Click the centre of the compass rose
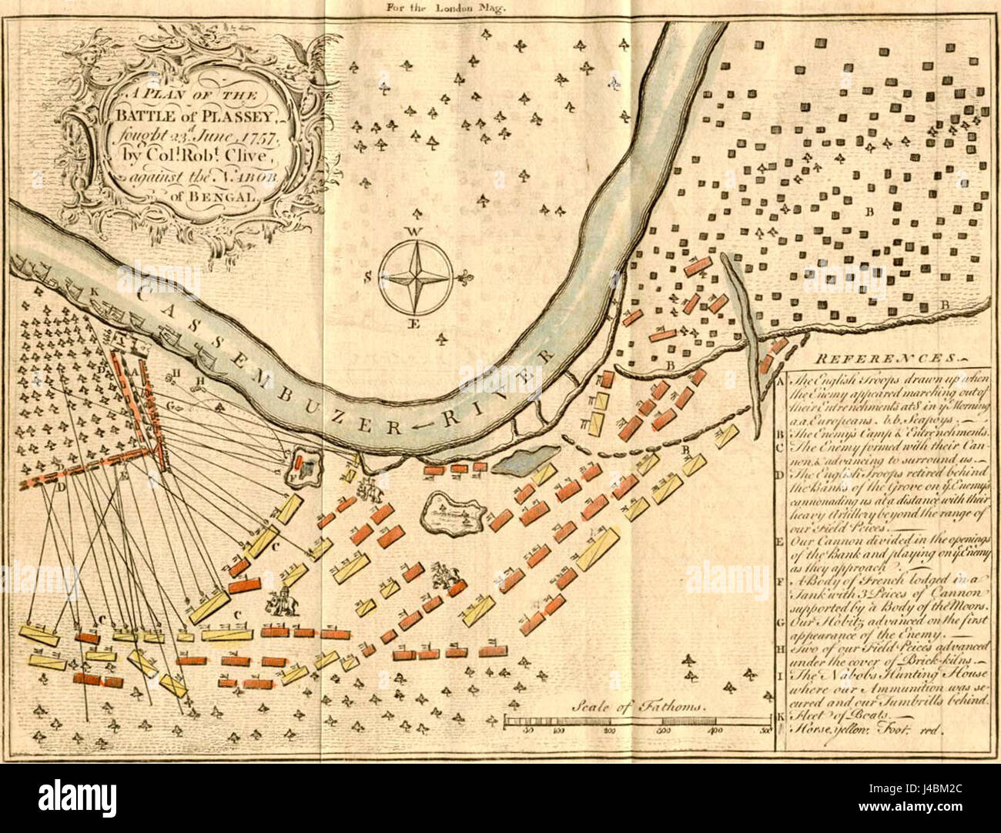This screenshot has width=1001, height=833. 417,275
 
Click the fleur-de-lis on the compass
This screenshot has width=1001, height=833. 464,276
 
